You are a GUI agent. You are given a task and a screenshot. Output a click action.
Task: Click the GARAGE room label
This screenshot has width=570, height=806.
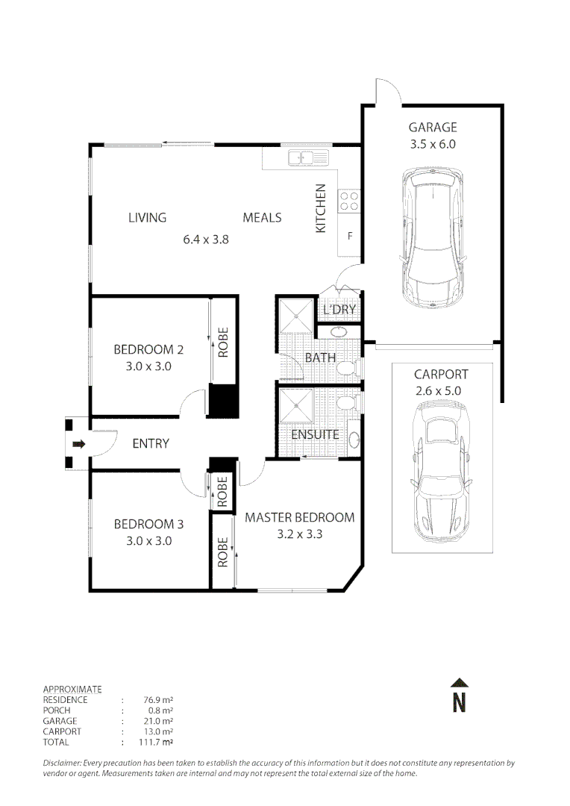[432, 127]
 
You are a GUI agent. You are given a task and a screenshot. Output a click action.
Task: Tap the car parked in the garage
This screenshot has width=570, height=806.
[433, 238]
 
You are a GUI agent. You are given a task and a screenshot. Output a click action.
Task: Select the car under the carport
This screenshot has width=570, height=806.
[441, 471]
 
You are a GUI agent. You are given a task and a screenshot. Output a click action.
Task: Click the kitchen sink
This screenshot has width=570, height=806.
[308, 157]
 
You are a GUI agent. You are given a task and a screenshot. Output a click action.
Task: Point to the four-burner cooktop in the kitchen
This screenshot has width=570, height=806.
[349, 201]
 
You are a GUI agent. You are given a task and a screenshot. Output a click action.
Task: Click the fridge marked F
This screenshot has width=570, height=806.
[350, 236]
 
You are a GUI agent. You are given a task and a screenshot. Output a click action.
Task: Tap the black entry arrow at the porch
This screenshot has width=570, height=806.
[78, 443]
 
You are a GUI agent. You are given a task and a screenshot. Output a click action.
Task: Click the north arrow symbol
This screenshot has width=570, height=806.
[459, 696]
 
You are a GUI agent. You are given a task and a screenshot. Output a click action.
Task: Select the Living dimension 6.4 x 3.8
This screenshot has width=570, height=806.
[206, 239]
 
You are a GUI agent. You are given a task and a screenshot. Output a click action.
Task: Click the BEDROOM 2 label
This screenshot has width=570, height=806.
[148, 349]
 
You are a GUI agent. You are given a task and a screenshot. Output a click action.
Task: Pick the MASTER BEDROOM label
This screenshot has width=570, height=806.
[300, 517]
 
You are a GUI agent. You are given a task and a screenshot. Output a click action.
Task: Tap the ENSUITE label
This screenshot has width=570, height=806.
[315, 434]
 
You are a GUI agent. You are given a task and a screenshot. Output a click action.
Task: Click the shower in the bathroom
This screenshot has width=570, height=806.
[295, 316]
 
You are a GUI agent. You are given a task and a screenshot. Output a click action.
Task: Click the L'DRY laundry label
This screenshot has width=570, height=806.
[339, 310]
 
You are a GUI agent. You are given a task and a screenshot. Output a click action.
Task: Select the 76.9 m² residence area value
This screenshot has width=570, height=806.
[157, 699]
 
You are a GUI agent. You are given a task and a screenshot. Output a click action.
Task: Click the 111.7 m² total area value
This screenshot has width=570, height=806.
[156, 742]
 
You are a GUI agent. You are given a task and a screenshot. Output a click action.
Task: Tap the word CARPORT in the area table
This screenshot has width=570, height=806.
[62, 731]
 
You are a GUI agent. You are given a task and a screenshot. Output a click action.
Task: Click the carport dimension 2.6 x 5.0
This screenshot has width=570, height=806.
[439, 390]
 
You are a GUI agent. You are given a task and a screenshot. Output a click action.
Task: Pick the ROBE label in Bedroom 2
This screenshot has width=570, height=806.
[222, 343]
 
